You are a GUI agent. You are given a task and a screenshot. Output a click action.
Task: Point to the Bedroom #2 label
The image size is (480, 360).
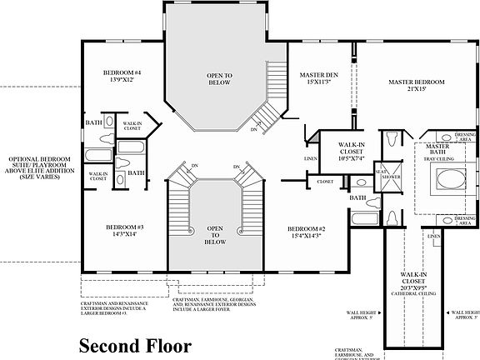tap(306, 227)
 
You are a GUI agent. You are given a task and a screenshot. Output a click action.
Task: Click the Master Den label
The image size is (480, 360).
tap(317, 76)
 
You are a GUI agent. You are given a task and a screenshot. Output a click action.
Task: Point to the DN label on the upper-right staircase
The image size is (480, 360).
tap(254, 129)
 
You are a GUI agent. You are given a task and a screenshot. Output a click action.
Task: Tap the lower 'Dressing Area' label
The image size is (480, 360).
tap(467, 219)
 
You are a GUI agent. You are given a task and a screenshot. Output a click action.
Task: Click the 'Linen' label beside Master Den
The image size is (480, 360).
tap(310, 157)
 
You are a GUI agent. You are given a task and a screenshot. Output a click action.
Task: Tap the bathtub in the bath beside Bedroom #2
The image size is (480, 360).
tap(363, 220)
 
